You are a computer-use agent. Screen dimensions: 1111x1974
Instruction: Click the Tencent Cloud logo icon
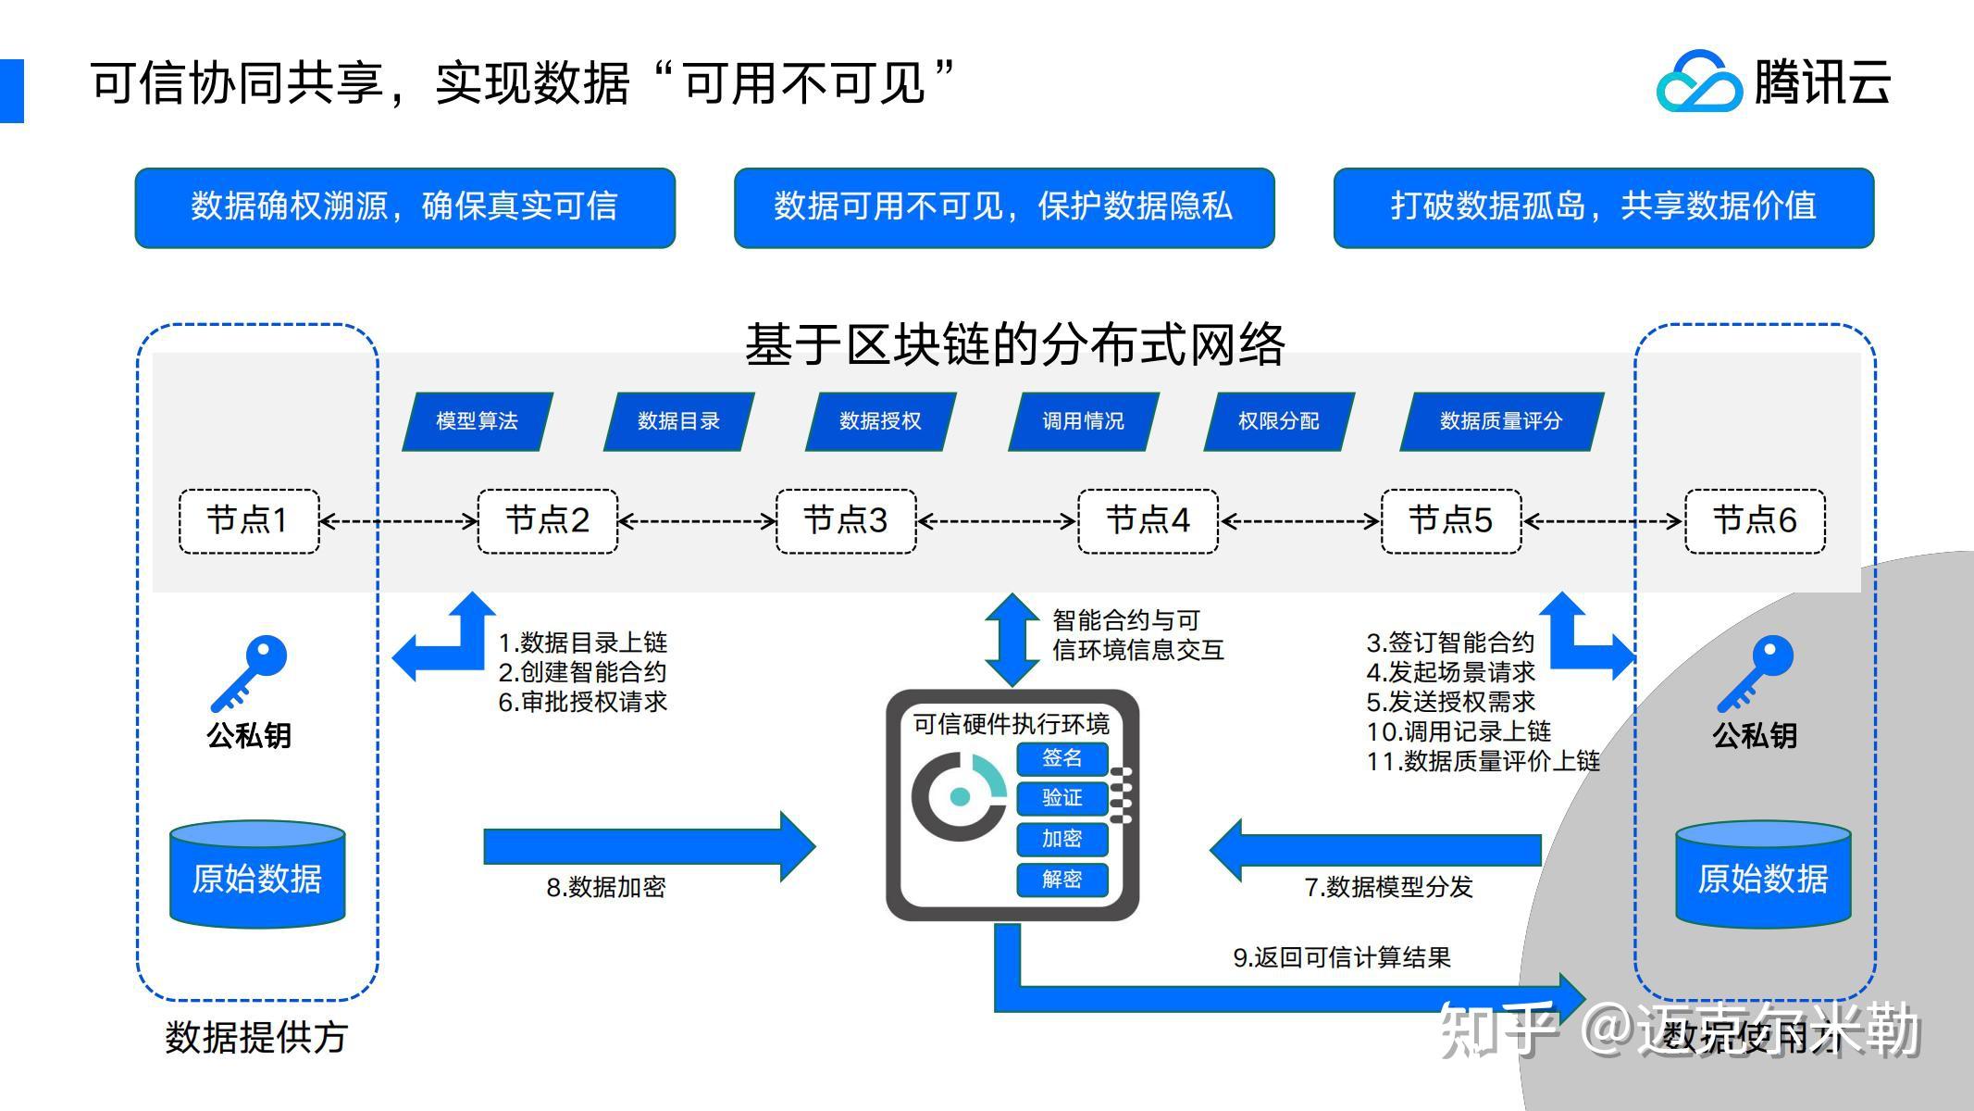[x=1698, y=83]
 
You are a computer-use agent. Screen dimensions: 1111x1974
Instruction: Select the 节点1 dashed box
[x=248, y=521]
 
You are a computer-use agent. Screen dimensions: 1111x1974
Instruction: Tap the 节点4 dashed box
[x=1148, y=521]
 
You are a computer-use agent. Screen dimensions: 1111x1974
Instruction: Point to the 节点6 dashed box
[x=1755, y=521]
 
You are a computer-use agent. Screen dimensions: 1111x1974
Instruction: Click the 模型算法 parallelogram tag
[x=478, y=422]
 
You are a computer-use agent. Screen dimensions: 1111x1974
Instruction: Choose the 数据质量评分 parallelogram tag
[x=1501, y=422]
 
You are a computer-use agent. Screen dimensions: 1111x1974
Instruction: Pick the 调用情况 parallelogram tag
[x=1083, y=422]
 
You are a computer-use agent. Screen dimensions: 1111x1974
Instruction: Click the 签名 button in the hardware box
[x=1061, y=758]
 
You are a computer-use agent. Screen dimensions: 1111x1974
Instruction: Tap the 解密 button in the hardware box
[x=1061, y=879]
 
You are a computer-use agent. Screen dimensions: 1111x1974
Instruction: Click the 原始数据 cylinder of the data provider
[x=257, y=875]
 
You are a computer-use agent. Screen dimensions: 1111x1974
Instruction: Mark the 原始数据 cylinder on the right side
[x=1763, y=875]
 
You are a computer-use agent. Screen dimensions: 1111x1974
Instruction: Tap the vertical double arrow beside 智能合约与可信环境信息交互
[x=1012, y=640]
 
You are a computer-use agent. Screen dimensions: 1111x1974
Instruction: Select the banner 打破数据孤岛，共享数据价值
[x=1603, y=207]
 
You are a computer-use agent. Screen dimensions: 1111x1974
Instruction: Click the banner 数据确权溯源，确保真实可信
[x=404, y=207]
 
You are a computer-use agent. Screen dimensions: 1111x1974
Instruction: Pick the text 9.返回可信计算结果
[x=1341, y=958]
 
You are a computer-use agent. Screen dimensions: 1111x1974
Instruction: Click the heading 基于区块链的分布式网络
[x=1014, y=344]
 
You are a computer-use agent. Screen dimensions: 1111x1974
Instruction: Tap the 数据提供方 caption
[x=256, y=1038]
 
